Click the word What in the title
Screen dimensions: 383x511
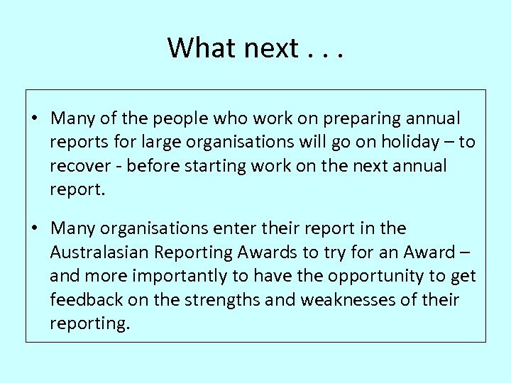click(x=201, y=48)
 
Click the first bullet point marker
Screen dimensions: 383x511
click(x=34, y=117)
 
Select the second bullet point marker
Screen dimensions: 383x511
click(x=34, y=228)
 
